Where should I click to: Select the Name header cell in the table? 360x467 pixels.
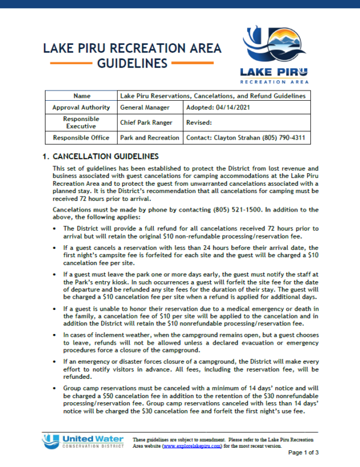click(81, 95)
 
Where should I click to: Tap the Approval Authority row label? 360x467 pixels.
click(81, 107)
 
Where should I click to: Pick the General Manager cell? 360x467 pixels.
click(144, 107)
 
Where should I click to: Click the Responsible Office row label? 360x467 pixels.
click(81, 138)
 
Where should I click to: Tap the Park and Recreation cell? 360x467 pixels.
click(149, 138)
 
